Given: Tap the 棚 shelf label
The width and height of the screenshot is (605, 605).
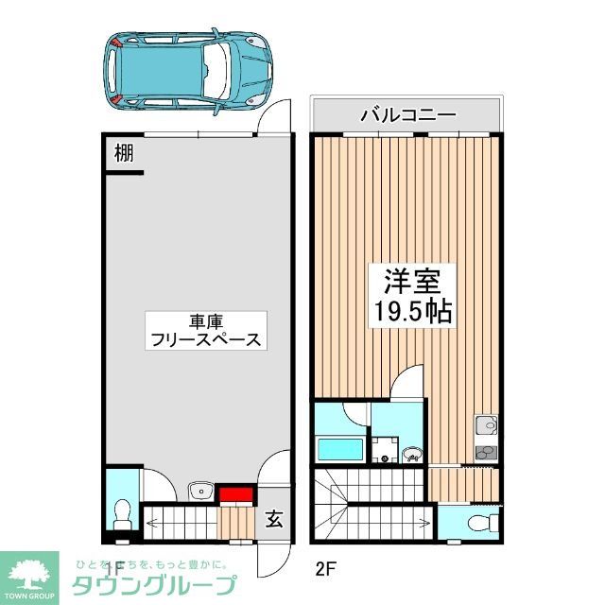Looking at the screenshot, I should [123, 153].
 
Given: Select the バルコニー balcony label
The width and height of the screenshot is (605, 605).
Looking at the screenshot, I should [408, 116].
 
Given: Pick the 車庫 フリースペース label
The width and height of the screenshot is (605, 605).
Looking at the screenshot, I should [205, 331].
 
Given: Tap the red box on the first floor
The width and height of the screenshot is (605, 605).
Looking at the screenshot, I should [234, 493].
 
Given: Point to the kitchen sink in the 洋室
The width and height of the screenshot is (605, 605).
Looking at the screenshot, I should [488, 424].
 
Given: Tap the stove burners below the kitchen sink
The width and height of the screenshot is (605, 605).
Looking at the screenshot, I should [487, 452].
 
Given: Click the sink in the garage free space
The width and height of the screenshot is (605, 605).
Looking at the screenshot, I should [200, 491].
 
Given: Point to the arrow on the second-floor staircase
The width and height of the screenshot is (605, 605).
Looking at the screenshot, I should [378, 521].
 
